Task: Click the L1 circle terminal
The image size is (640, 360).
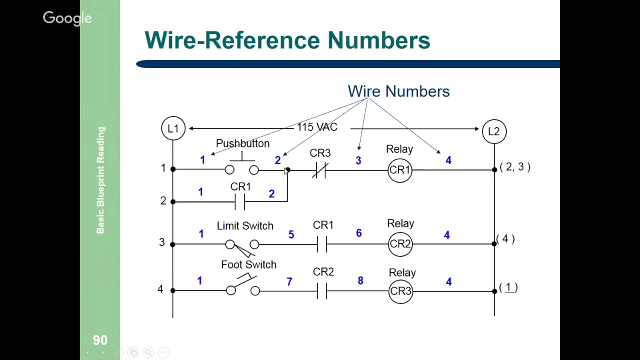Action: pos(173,128)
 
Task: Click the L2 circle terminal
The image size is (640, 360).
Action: pos(493,131)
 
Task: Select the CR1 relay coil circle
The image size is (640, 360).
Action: pos(399,170)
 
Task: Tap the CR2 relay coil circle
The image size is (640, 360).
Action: pos(400,244)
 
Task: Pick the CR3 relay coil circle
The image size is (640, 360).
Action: pos(400,291)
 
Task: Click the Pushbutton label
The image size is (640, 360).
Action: pos(242,143)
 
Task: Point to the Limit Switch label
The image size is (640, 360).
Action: pos(245,226)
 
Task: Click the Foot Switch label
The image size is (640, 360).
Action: pos(248,265)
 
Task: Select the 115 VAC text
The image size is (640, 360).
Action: pos(317,127)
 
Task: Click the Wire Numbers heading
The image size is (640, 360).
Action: pos(398,91)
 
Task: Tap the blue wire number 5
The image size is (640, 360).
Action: pos(291,234)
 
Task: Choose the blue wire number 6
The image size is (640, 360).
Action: pos(358,233)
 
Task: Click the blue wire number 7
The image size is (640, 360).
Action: pos(289,282)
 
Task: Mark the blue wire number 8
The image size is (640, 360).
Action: pos(360,281)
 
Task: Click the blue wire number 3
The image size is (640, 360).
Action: pos(358,160)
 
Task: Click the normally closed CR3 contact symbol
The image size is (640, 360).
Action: pos(320,170)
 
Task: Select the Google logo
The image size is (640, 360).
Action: pos(67,18)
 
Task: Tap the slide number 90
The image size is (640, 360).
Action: pos(100,340)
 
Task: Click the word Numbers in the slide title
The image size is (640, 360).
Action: pos(378,40)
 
